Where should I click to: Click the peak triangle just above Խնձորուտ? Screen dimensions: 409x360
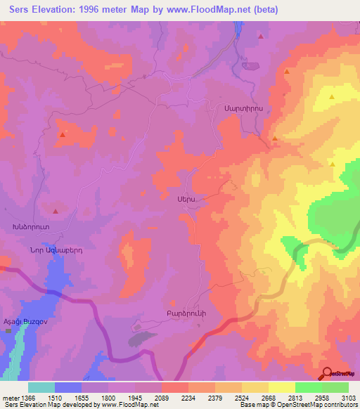click(56, 210)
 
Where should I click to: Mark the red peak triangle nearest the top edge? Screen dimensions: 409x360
click(261, 36)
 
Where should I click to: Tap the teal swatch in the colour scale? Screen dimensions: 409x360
click(41, 387)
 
